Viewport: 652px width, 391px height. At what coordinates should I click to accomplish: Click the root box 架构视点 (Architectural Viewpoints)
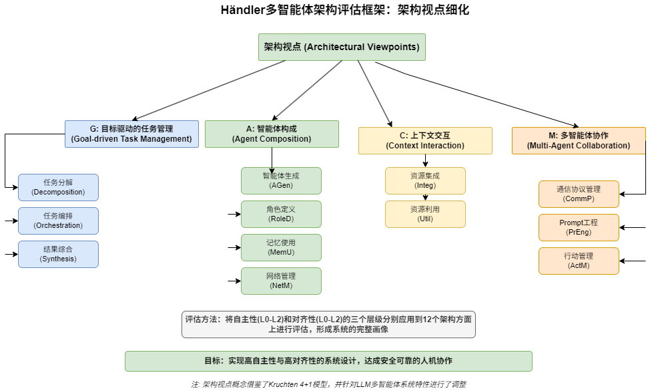(x=342, y=47)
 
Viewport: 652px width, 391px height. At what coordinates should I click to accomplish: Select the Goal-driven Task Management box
(x=131, y=134)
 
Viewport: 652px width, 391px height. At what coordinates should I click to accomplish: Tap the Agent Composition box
(x=272, y=134)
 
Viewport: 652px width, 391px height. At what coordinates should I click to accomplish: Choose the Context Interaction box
(x=425, y=140)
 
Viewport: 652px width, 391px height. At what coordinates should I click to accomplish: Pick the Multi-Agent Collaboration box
(x=579, y=140)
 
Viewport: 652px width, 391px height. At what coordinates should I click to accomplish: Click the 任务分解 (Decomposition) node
(x=58, y=187)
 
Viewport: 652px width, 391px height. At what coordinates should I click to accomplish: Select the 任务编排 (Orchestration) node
(x=58, y=221)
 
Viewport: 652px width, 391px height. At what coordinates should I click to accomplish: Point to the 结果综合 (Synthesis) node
(x=58, y=254)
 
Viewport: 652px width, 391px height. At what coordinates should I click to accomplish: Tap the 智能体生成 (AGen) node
(x=281, y=180)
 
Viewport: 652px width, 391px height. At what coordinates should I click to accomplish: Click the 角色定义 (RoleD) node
(x=281, y=214)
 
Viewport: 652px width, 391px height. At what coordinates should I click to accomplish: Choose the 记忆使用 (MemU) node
(x=281, y=247)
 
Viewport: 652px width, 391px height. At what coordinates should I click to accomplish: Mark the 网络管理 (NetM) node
(x=281, y=281)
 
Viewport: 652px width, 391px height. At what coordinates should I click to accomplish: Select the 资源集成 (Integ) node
(x=425, y=180)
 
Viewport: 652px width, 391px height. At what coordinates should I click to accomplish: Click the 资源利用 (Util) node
(x=425, y=214)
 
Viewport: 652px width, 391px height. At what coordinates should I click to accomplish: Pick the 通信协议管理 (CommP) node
(x=579, y=194)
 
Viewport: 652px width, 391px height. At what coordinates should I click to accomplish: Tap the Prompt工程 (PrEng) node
(x=579, y=227)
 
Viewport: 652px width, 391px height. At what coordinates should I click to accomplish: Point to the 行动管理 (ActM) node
(x=579, y=261)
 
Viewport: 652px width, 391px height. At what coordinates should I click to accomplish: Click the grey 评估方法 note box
(x=328, y=324)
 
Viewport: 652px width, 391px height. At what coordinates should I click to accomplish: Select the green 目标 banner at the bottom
(x=328, y=361)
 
